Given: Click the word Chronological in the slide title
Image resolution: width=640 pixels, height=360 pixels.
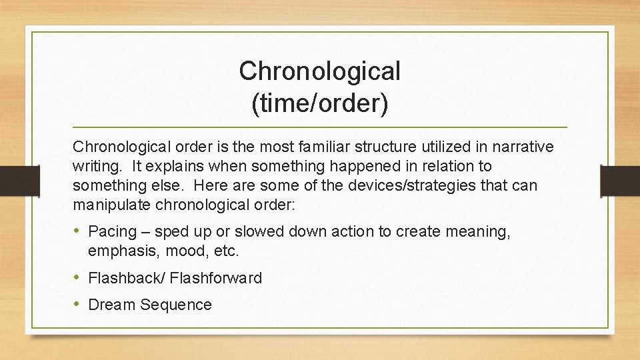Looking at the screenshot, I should click(319, 71).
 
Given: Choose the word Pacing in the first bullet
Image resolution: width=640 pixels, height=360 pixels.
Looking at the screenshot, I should click(113, 232).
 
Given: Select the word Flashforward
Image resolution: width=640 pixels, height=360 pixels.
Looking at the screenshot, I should click(216, 278).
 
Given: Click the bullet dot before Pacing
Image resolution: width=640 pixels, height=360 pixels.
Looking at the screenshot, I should click(78, 231).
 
